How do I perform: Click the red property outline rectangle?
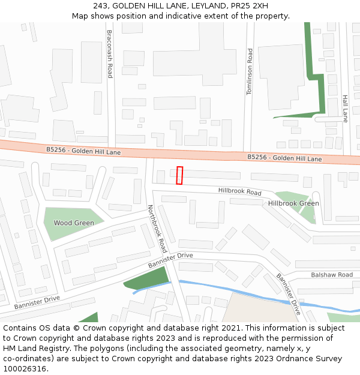[x=179, y=175]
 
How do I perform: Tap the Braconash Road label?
[x=109, y=54]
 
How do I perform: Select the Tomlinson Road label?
[x=250, y=71]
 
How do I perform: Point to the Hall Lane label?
[x=345, y=108]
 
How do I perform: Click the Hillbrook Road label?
[x=240, y=191]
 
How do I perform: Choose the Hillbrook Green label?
[x=293, y=203]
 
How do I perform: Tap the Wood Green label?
[x=74, y=223]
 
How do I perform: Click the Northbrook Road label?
[x=157, y=228]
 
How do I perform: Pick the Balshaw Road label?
[x=332, y=275]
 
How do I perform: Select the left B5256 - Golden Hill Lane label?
[x=83, y=151]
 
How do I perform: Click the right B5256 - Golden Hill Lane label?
[x=284, y=158]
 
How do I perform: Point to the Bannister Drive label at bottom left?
[x=37, y=302]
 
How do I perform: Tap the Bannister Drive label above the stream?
[x=171, y=260]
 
